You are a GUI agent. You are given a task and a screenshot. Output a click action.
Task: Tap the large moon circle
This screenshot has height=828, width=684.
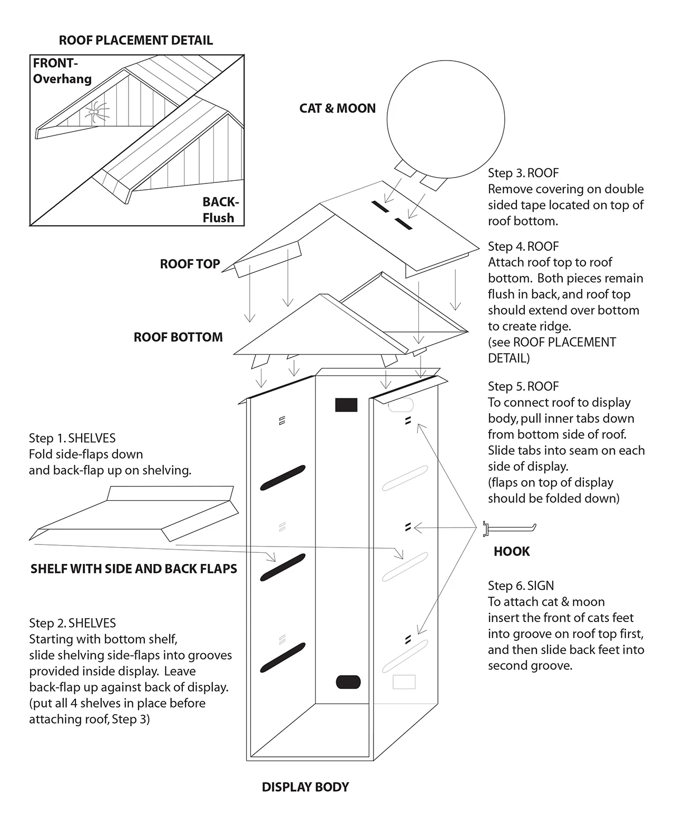pos(445,120)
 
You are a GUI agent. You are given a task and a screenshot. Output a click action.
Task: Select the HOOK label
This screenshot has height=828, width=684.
pos(511,552)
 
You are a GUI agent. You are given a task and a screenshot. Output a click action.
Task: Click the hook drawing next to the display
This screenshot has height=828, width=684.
pos(509,527)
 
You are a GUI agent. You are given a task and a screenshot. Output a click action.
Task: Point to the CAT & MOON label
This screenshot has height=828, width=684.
pos(337,109)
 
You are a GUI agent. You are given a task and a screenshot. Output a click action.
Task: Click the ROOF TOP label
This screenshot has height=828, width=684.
pos(190,264)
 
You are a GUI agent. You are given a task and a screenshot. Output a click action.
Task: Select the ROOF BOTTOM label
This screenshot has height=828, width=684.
pos(178,337)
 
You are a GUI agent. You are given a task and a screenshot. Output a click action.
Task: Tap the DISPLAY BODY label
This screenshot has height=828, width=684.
pos(305,787)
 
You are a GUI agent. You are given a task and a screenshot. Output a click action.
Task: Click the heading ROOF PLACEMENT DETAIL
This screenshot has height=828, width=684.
pos(136,41)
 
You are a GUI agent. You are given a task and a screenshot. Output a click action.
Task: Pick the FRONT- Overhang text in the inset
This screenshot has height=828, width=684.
pos(62,71)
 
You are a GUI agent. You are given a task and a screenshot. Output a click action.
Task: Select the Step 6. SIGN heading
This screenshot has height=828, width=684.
pos(521,586)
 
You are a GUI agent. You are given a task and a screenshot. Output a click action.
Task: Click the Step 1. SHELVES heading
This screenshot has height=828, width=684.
pos(72,438)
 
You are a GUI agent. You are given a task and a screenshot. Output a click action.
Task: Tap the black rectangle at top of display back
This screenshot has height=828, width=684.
pos(346,405)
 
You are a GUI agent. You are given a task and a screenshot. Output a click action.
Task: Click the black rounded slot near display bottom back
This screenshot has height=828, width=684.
pos(348,681)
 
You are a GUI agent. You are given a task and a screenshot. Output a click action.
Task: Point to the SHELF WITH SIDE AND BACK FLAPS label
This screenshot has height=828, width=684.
pos(134,569)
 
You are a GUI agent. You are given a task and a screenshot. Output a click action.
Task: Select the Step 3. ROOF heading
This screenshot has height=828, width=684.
pos(523,173)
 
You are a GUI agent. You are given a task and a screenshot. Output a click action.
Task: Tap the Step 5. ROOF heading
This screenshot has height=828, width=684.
pos(523,386)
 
